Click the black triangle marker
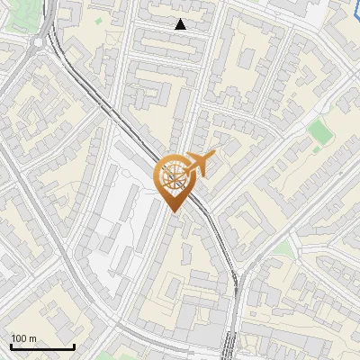(x=181, y=24)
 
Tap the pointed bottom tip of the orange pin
(x=175, y=212)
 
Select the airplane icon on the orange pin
(x=200, y=164)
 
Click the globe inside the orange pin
(x=175, y=175)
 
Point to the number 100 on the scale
(x=18, y=338)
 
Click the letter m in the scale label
(x=32, y=338)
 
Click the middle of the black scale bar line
(x=42, y=347)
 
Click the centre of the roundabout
(x=39, y=42)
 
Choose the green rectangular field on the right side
(x=317, y=131)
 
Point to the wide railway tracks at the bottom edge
(x=230, y=346)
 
